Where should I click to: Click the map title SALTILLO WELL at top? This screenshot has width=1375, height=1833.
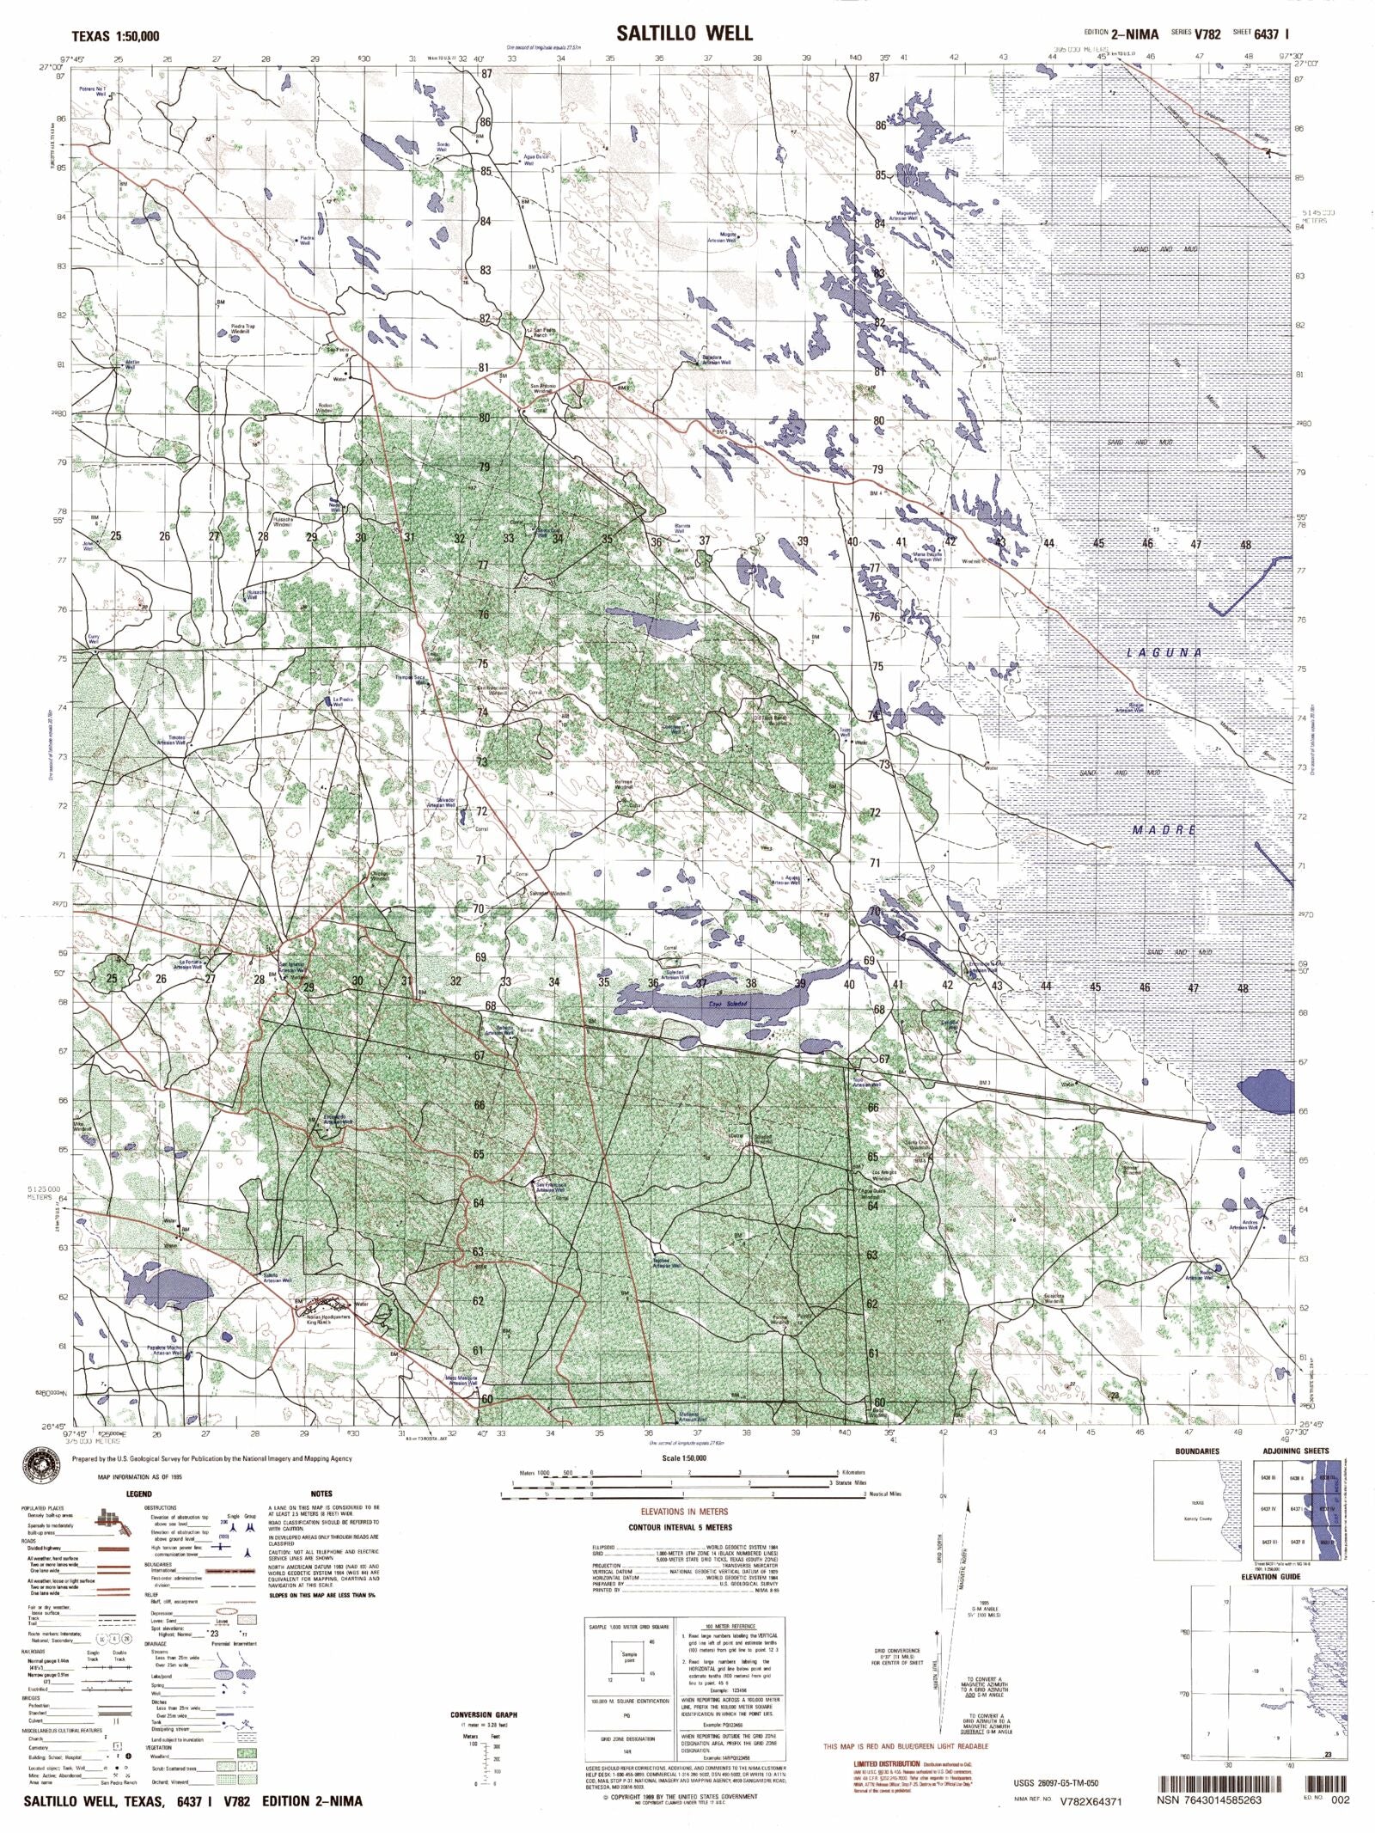coord(684,34)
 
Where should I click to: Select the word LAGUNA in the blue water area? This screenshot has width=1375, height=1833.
coord(1164,652)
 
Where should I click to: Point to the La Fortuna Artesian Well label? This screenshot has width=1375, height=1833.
coord(188,964)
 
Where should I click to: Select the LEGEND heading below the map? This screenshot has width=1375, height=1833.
coord(138,1494)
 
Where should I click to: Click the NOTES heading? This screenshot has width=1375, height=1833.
coord(321,1494)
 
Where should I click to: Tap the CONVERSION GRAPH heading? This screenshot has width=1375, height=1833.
coord(484,1714)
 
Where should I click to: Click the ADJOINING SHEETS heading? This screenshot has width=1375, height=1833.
coord(1295,1451)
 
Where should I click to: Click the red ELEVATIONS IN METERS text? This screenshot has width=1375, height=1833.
coord(684,1512)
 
